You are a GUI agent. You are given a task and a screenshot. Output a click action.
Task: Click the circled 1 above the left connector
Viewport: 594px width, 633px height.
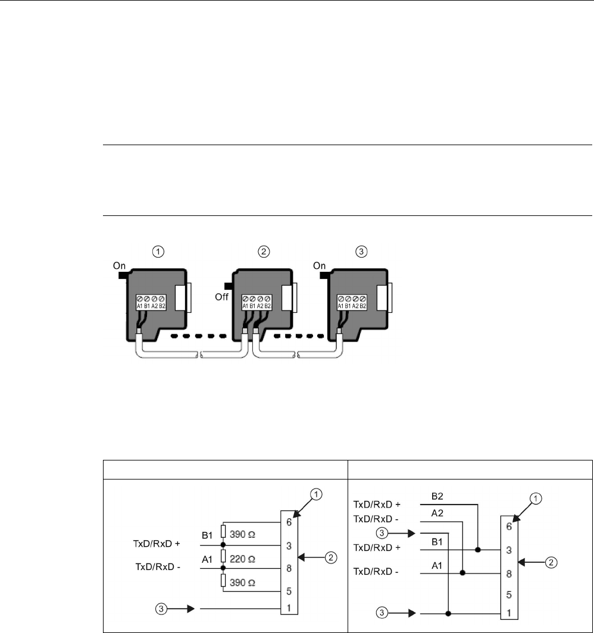[158, 252]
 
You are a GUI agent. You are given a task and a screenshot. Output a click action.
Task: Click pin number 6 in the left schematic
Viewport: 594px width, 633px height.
[288, 524]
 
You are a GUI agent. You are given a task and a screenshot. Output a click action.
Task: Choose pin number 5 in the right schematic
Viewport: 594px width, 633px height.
[508, 594]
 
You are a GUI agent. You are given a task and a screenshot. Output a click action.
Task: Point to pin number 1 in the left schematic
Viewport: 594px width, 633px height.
[288, 609]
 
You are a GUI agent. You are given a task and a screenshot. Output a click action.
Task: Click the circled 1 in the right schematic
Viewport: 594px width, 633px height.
[536, 500]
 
